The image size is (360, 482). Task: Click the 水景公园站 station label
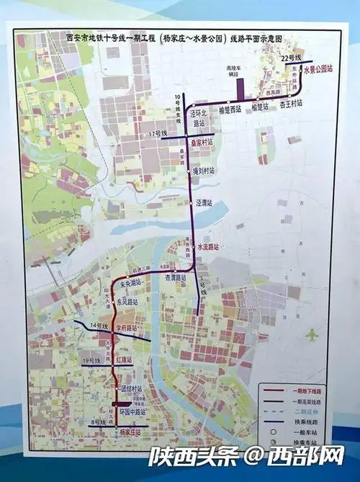318,69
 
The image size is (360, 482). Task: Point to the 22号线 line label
292,56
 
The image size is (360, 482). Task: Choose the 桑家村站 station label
202,142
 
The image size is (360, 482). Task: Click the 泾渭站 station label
205,203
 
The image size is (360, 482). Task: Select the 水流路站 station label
207,246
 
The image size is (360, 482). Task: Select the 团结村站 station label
132,388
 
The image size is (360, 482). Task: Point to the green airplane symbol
311,335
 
